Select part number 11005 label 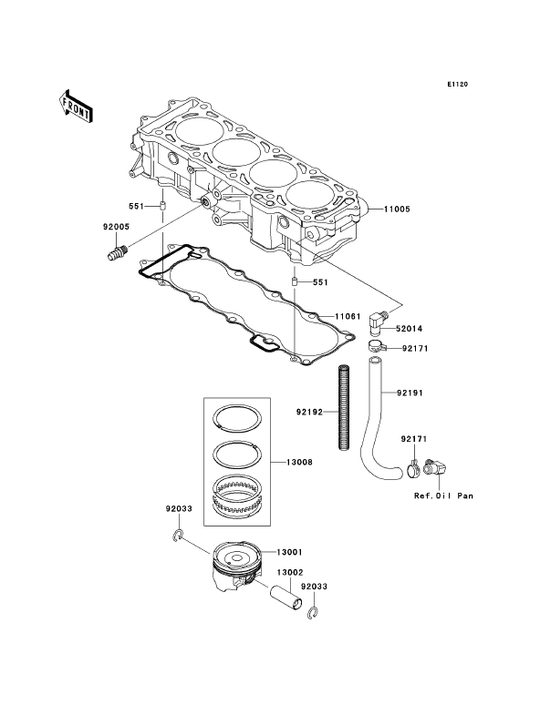coord(397,209)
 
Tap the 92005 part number coord(116,227)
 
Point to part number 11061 coord(348,317)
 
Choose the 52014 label coord(409,329)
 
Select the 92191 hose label coord(410,393)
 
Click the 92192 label coord(309,413)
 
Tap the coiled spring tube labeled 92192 coord(344,407)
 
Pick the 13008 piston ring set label coord(299,462)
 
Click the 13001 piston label coord(289,552)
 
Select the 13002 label coord(289,573)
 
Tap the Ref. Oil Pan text coord(443,496)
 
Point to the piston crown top coord(236,556)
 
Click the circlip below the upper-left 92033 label coord(178,536)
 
